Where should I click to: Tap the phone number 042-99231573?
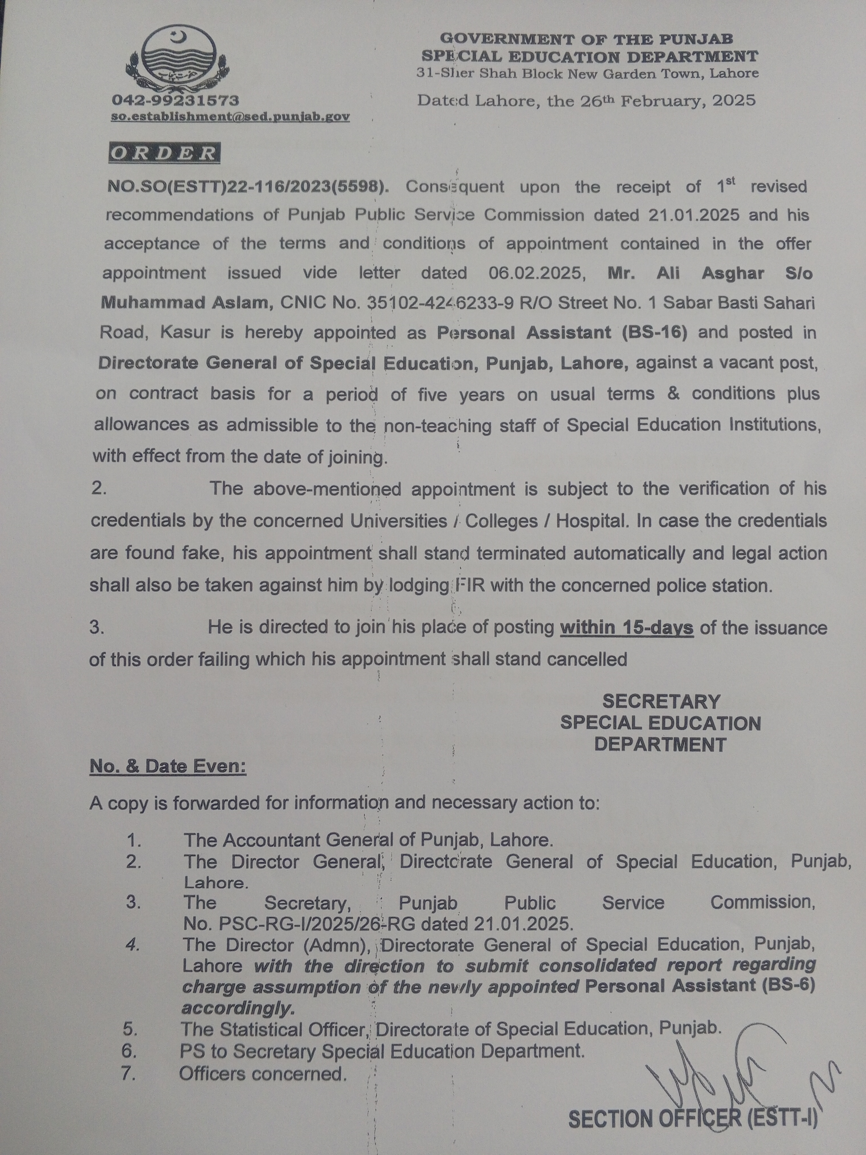tap(175, 100)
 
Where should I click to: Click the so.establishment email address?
tap(230, 117)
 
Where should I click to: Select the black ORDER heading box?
tap(164, 153)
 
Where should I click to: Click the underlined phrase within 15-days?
tap(626, 627)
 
